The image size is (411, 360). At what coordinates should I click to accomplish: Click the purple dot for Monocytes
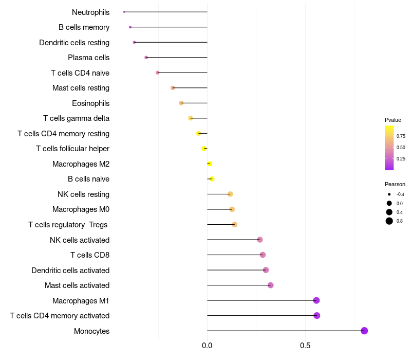tap(364, 331)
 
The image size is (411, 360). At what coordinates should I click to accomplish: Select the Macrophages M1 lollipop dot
tap(316, 300)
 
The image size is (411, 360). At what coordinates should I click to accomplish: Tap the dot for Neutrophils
tap(124, 12)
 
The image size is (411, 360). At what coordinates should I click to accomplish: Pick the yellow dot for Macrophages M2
tap(210, 164)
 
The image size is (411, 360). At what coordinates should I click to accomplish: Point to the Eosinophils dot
tap(181, 103)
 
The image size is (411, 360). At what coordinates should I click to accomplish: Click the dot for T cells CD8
tap(263, 255)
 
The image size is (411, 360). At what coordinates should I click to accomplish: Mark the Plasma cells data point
tap(146, 58)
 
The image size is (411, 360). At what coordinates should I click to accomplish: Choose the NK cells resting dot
tap(230, 194)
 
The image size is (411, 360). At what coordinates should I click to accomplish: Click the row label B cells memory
tap(84, 27)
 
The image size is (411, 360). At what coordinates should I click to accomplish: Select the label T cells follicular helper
tap(72, 149)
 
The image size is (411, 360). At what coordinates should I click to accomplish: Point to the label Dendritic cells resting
tap(74, 42)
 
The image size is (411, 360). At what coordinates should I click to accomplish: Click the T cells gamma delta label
tap(76, 118)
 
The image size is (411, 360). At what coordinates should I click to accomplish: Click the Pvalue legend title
tap(393, 120)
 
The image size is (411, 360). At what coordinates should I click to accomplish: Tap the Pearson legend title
tap(395, 184)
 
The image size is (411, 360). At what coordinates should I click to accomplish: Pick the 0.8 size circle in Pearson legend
tap(389, 221)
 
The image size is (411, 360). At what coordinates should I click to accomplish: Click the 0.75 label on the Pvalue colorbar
tap(401, 136)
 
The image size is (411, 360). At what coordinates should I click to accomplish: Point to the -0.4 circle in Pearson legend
tap(389, 194)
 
